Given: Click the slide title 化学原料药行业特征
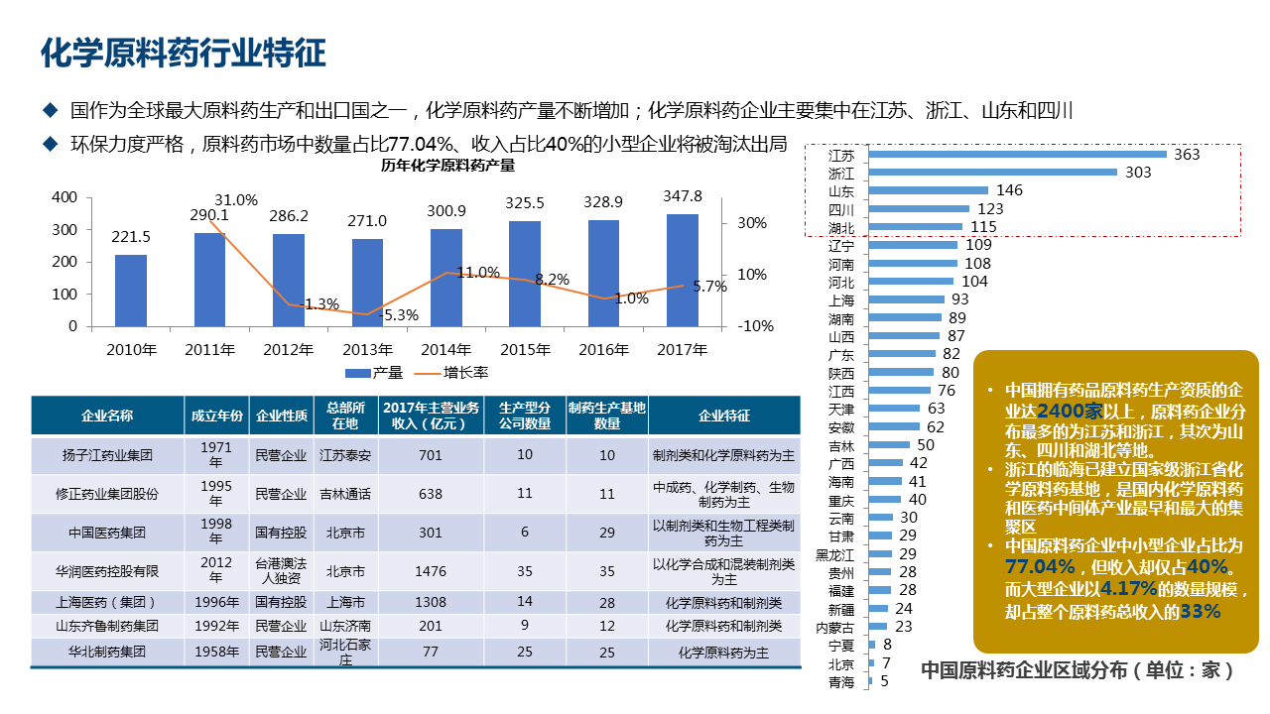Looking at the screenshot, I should point(183,54).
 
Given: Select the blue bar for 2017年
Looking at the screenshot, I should point(682,270).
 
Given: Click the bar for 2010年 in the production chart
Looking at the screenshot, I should point(131,290).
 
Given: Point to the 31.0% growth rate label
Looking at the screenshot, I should point(236,200).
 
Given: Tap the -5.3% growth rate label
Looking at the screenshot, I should point(398,315).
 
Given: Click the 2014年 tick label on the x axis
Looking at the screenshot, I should point(445,349).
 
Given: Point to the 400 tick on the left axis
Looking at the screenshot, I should point(64,197).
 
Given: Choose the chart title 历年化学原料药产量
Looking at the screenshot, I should point(448,166).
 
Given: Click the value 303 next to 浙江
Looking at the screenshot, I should point(1138,173).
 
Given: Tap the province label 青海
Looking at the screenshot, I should point(840,682).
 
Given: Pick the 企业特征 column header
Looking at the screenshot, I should point(723,416).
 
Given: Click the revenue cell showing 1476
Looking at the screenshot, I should point(431,571).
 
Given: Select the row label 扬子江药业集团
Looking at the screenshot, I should point(107,455).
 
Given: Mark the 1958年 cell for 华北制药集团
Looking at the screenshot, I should point(216,653).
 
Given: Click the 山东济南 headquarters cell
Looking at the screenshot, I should point(345,627).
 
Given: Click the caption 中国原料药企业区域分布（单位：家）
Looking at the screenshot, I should point(1078,669).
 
